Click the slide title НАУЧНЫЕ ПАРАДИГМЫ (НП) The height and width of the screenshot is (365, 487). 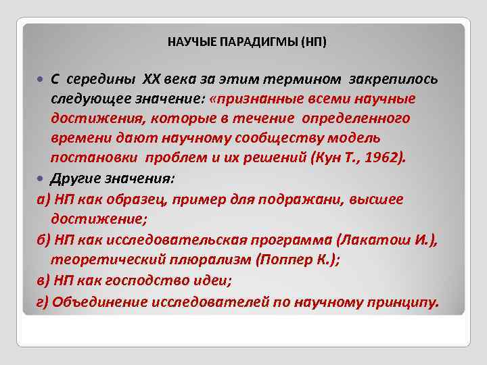[246, 43]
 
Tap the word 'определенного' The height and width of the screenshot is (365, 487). [366, 119]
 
